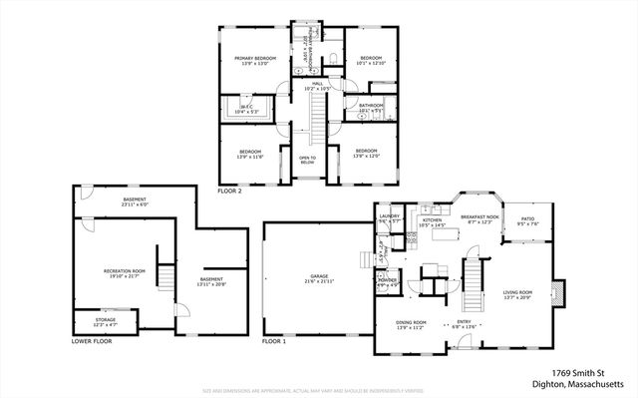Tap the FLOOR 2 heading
pos(229,189)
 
